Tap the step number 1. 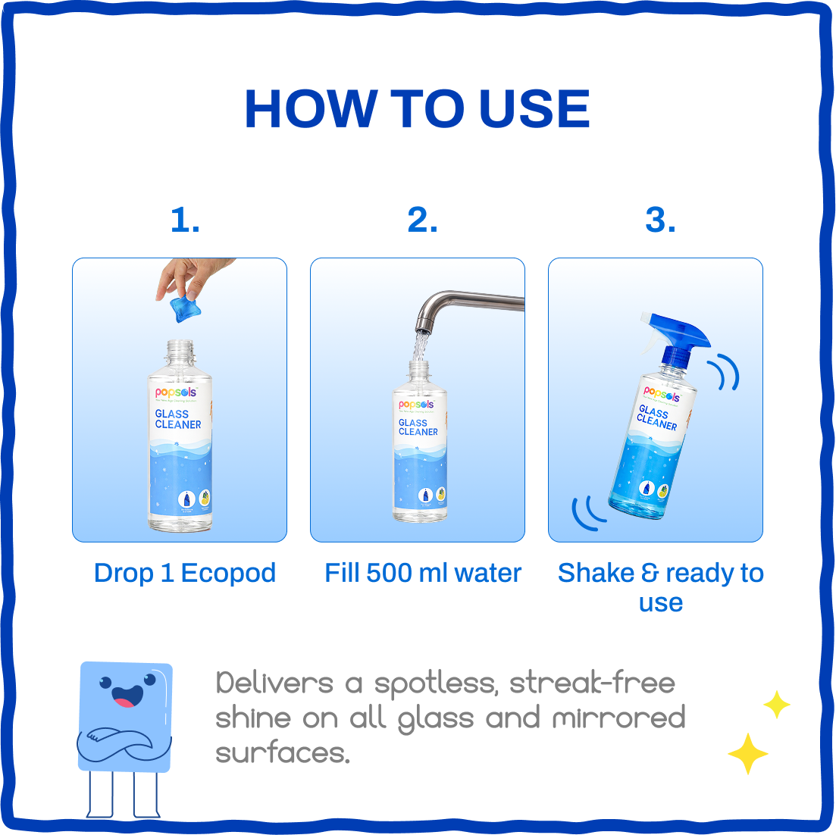pyautogui.click(x=185, y=220)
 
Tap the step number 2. pyautogui.click(x=422, y=220)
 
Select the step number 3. pyautogui.click(x=660, y=220)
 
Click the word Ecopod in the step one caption pyautogui.click(x=228, y=573)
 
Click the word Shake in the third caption pyautogui.click(x=596, y=573)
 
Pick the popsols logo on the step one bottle pyautogui.click(x=176, y=392)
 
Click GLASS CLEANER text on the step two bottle pyautogui.click(x=418, y=427)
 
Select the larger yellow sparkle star pyautogui.click(x=747, y=753)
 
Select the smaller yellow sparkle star pyautogui.click(x=776, y=705)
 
